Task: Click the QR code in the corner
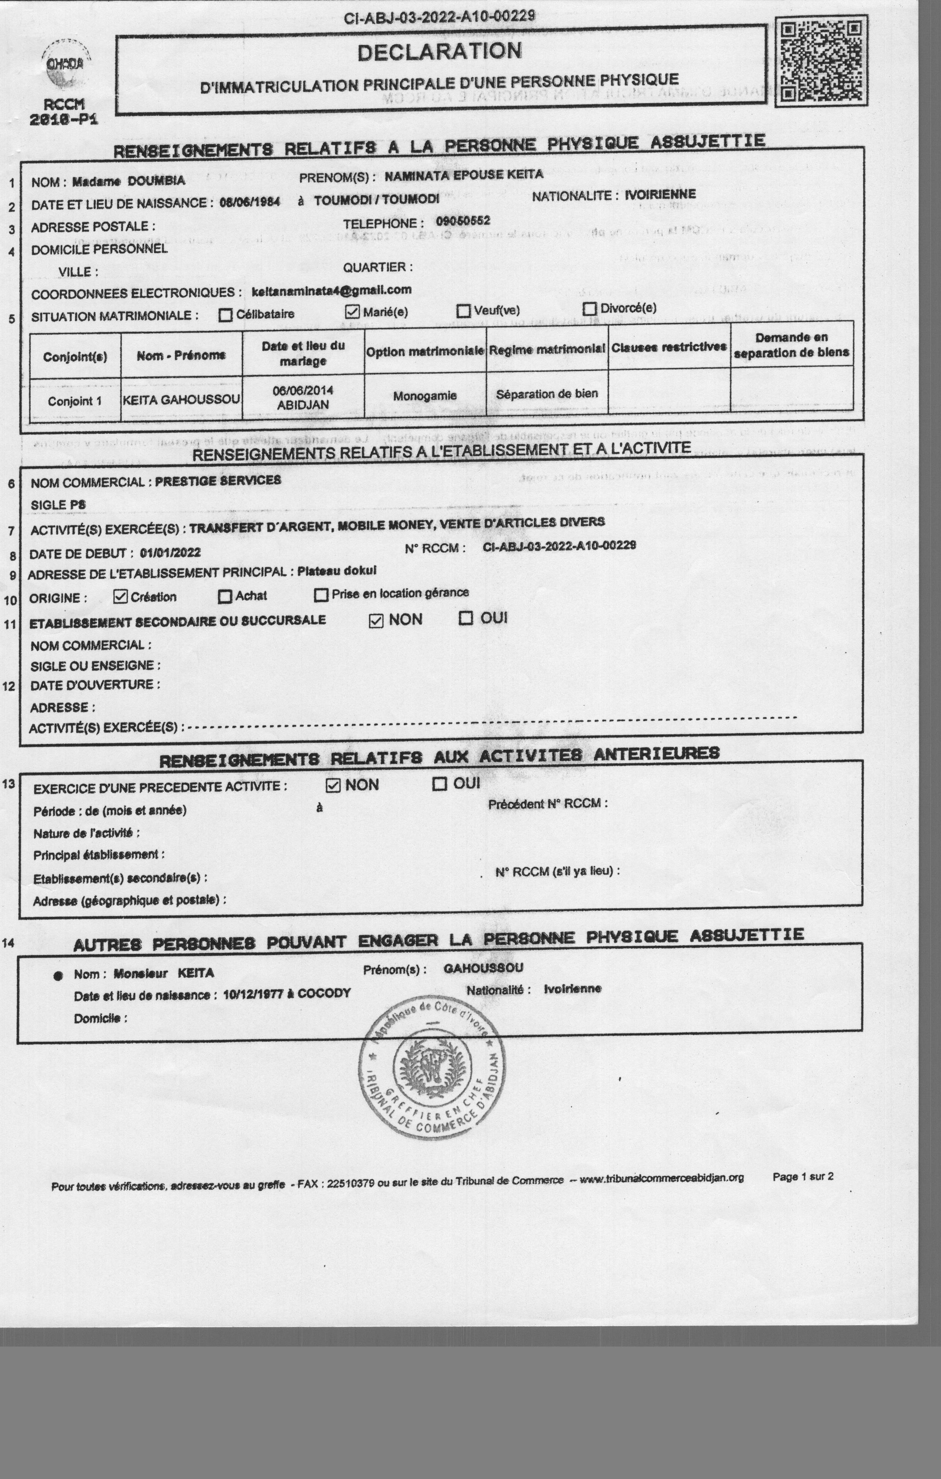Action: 821,61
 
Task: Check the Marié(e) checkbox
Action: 352,312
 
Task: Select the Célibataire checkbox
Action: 225,315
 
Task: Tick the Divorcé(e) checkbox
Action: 590,308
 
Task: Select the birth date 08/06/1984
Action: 249,202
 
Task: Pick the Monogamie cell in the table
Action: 425,396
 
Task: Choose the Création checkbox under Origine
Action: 121,596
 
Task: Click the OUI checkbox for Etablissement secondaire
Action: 466,618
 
